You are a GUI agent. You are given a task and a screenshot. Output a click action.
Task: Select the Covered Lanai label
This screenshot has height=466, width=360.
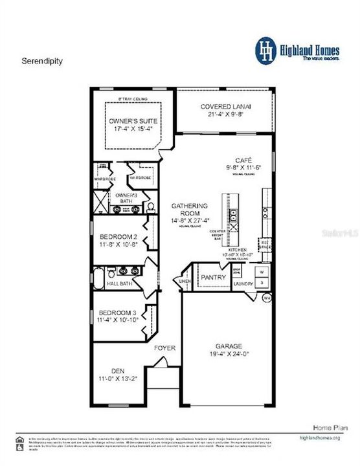225,106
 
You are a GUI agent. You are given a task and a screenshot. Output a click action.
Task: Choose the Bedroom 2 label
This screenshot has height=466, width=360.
118,237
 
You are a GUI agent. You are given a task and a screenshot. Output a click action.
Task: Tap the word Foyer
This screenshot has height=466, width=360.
164,348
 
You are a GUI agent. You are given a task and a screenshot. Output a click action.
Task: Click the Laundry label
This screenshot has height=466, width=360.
243,283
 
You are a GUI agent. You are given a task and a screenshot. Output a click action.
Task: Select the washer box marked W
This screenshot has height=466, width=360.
261,271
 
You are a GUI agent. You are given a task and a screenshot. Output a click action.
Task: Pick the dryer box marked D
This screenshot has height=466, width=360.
261,283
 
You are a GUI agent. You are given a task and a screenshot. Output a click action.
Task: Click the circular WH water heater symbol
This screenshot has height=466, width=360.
267,298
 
